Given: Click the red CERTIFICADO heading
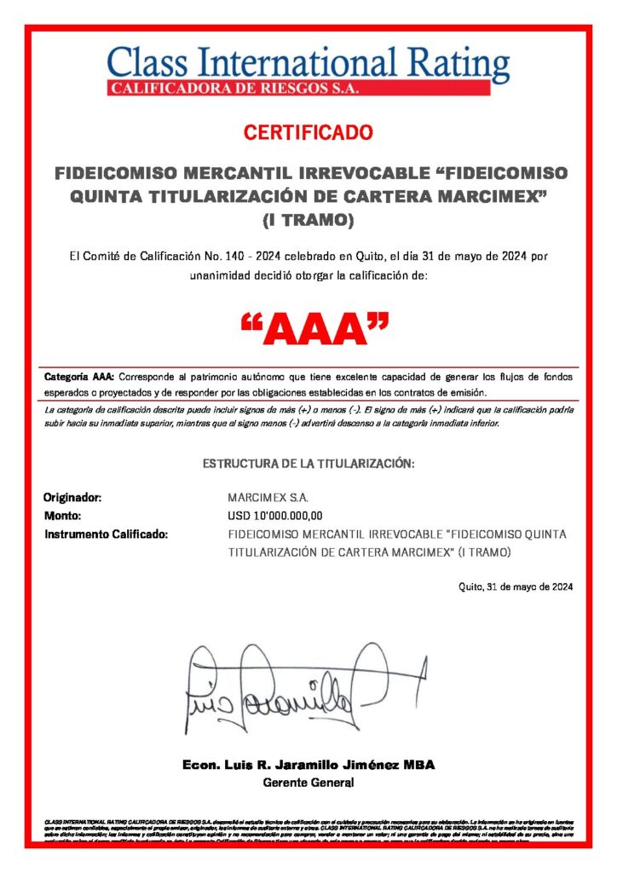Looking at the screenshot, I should tap(308, 133).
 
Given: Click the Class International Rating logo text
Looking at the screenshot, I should tap(308, 65).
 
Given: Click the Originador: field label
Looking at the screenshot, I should tap(72, 498).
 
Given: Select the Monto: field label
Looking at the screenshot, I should tap(62, 516).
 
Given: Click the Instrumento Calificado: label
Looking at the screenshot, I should tap(106, 535).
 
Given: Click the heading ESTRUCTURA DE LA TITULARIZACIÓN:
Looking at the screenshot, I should tap(308, 464).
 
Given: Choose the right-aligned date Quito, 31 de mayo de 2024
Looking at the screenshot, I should tap(515, 587).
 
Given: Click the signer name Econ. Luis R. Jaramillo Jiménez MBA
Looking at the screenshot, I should tap(308, 766).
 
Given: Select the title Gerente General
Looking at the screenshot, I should tap(308, 783).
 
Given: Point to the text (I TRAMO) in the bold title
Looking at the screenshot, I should tap(308, 221).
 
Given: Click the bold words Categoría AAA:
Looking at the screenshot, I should tap(79, 377).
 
